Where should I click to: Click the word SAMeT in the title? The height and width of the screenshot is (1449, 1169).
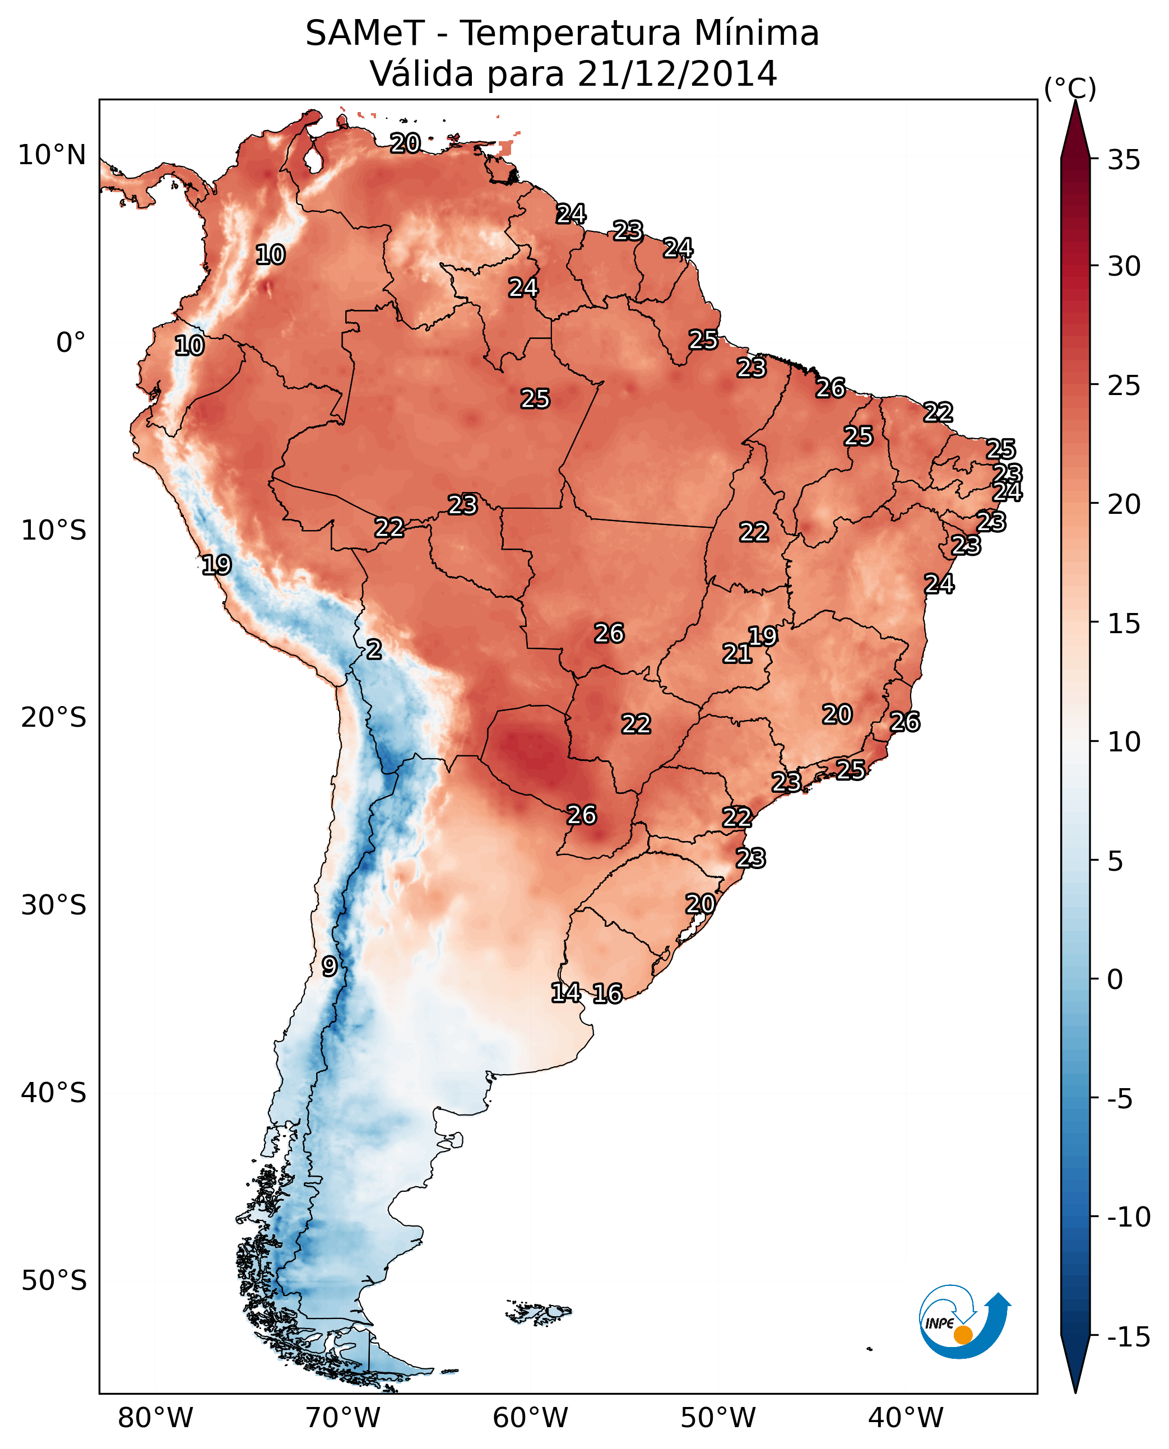click(x=364, y=34)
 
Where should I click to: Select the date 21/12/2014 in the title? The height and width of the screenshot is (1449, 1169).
click(x=677, y=73)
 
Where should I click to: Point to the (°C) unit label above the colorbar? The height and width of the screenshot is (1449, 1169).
click(x=1070, y=88)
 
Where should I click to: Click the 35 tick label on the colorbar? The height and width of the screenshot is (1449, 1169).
click(x=1124, y=160)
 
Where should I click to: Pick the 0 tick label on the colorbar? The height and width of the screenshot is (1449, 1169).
click(x=1115, y=979)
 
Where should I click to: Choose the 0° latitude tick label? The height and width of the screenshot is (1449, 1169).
click(x=71, y=343)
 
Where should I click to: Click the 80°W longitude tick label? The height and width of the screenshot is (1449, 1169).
click(x=156, y=1418)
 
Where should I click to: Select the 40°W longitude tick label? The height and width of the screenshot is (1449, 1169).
click(x=905, y=1418)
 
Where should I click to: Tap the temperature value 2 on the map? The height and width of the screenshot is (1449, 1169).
click(x=374, y=649)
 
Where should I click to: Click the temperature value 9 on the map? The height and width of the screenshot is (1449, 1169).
click(x=328, y=966)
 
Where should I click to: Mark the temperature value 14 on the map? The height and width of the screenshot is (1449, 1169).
click(x=565, y=992)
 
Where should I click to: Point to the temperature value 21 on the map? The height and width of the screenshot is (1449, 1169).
click(x=737, y=653)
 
